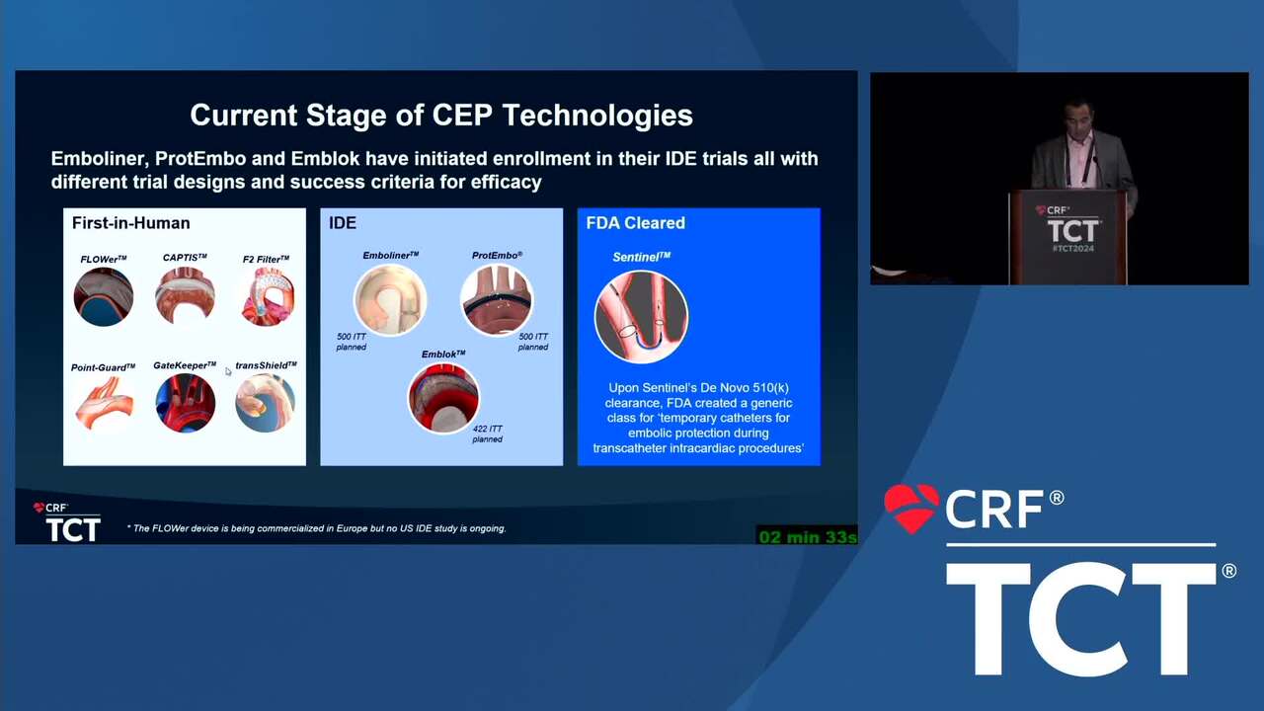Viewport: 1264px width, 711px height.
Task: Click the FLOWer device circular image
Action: pos(104,297)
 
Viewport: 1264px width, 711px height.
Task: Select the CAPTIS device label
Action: pos(185,258)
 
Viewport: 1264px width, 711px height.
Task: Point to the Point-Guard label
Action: pos(103,367)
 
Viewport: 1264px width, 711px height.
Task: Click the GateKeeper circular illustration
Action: pos(185,403)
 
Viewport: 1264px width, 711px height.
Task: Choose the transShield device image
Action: pos(266,403)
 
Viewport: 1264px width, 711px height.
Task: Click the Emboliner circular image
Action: pos(390,300)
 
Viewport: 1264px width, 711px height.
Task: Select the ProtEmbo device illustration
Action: pos(497,300)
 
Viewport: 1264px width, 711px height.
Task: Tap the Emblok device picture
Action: pos(443,398)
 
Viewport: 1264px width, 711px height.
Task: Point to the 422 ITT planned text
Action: pos(488,434)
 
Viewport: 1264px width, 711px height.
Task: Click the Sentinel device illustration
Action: pos(642,317)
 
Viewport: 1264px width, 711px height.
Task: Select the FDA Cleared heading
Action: pos(635,223)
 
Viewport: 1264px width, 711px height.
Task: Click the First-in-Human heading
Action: pos(131,223)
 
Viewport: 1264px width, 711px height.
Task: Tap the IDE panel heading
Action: pos(343,223)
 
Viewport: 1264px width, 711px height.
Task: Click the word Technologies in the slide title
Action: pos(597,116)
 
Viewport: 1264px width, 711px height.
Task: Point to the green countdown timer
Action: pos(807,536)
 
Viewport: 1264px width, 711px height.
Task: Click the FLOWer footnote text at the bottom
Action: pos(317,528)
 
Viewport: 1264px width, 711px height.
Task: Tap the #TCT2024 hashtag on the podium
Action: pos(1073,249)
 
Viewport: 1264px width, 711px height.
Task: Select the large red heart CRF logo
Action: pos(911,508)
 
